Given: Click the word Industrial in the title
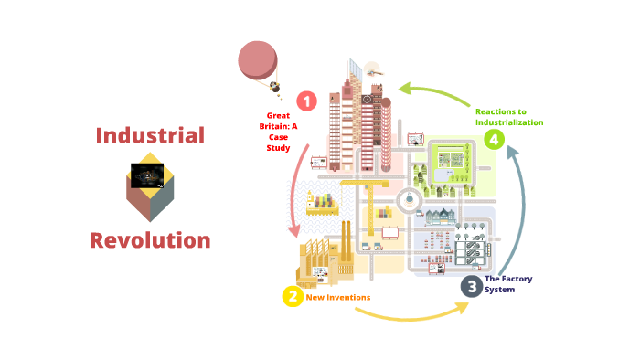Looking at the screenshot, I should (150, 136).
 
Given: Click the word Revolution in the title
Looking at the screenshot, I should (150, 240).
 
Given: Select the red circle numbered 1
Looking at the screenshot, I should (307, 101).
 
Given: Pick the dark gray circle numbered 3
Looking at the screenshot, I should (471, 286).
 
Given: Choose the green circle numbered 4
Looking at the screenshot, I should (494, 139).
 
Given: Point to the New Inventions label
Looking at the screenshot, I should (338, 297).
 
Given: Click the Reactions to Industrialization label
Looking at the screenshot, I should (509, 117).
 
